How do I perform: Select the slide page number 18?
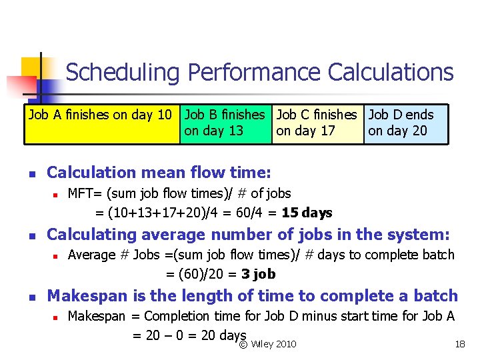point(459,344)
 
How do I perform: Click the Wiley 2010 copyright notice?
point(268,344)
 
